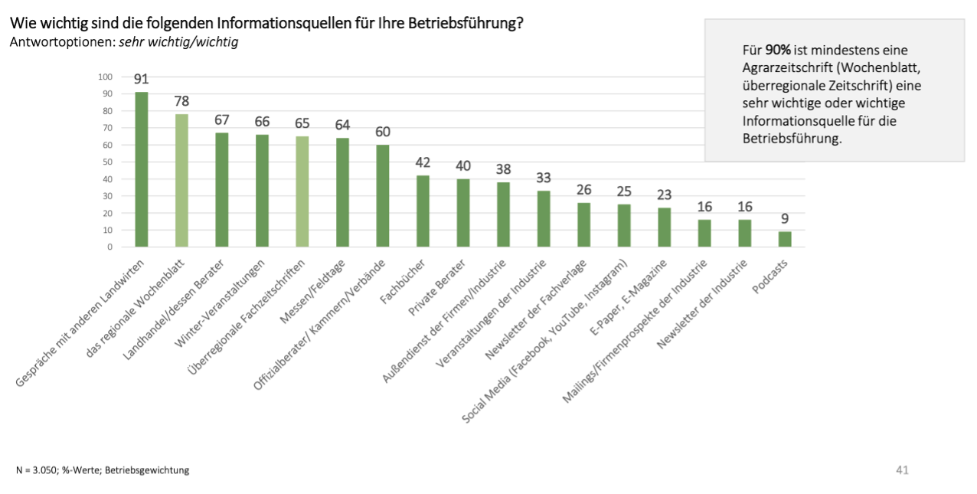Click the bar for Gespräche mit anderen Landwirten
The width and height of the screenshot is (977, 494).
pos(141,169)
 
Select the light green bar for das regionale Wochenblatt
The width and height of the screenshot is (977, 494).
pos(181,180)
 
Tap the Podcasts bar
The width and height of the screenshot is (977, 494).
pos(785,239)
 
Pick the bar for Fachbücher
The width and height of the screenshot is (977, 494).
pos(423,211)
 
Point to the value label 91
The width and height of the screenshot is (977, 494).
pos(141,79)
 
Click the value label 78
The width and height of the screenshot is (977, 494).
pos(181,101)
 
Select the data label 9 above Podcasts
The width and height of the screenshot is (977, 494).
pos(785,218)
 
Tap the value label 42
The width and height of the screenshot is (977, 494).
pos(423,162)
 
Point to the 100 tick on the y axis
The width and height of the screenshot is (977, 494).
pos(105,77)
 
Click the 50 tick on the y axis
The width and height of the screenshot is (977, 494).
pos(106,162)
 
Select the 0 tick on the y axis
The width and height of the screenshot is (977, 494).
pos(109,247)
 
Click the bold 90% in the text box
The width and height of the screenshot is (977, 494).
pos(778,51)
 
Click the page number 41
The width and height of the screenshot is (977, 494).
pos(902,469)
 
